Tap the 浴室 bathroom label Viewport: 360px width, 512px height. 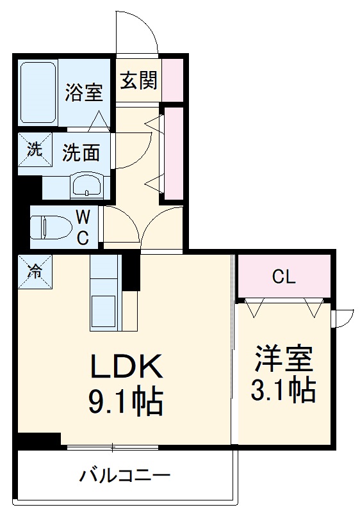click(84, 92)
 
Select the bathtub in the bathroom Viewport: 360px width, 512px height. click(39, 93)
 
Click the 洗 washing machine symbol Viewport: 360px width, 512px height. click(34, 149)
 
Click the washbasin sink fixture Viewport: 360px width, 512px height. click(86, 186)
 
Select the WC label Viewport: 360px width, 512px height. click(84, 227)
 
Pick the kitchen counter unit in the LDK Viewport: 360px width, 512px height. click(104, 292)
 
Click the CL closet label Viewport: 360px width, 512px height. click(283, 277)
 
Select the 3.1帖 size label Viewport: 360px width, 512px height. click(283, 390)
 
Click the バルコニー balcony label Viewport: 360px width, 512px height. click(125, 476)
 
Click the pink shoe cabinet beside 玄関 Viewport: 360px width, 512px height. click(173, 80)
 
